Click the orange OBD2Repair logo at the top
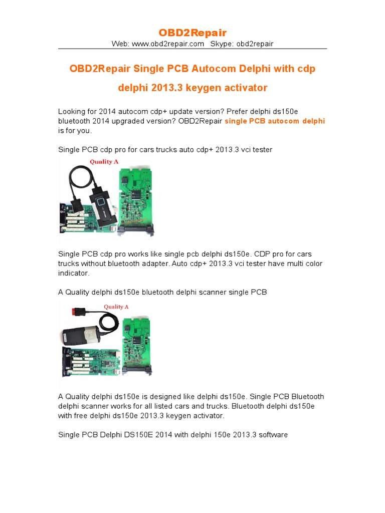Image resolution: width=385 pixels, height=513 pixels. coord(192,33)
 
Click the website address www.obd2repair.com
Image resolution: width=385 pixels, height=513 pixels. coord(167,44)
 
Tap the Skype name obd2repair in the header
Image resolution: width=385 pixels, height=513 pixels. coord(255,44)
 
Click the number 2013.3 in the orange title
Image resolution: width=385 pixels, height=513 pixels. coord(166,88)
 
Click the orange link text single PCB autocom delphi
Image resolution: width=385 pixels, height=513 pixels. coord(275,121)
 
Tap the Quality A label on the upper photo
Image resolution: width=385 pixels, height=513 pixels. coord(104,162)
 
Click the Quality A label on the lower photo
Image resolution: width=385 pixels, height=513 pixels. coord(116,307)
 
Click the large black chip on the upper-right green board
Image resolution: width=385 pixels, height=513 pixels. coord(135,195)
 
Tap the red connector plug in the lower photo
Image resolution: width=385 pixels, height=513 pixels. coord(78,311)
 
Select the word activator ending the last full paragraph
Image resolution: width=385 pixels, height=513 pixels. coord(209,416)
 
